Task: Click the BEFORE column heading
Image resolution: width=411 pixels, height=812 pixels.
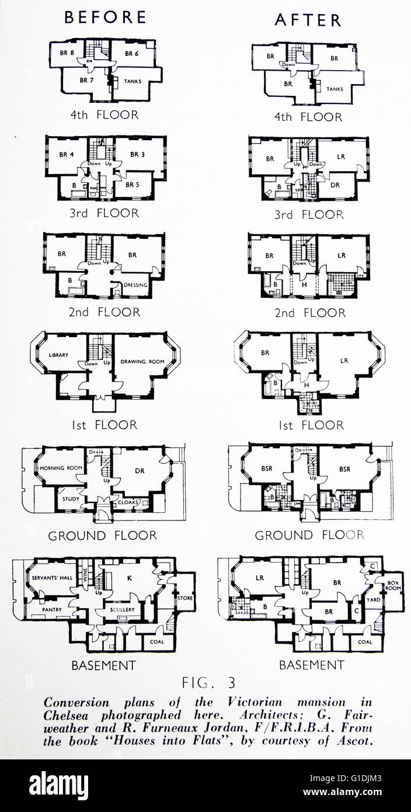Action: (105, 18)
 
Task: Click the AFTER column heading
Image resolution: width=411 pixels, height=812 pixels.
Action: (308, 20)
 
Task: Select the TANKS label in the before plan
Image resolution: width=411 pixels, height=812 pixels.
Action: (133, 81)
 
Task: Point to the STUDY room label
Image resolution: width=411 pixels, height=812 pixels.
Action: (71, 499)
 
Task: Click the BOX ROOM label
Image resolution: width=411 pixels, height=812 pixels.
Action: (391, 586)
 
